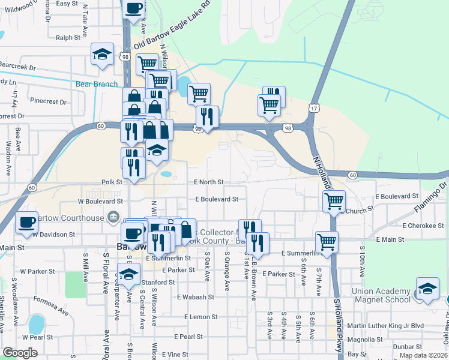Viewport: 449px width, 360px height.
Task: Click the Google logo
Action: pos(20,353)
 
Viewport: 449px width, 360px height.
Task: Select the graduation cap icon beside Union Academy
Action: pos(427,289)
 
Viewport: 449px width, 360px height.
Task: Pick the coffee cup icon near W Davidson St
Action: pos(26,222)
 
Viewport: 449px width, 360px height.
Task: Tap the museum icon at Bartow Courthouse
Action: pos(112,217)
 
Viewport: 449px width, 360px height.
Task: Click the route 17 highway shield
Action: pos(314,108)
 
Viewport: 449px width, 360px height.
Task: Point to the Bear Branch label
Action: pos(97,84)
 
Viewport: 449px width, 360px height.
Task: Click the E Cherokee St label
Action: pos(423,226)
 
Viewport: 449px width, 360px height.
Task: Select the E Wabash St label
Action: pos(196,297)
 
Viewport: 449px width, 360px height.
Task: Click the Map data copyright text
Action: pos(423,355)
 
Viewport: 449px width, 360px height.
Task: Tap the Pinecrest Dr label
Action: pos(51,101)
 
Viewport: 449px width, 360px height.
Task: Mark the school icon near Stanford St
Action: pos(128,274)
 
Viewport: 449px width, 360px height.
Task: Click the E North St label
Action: pos(208,182)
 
